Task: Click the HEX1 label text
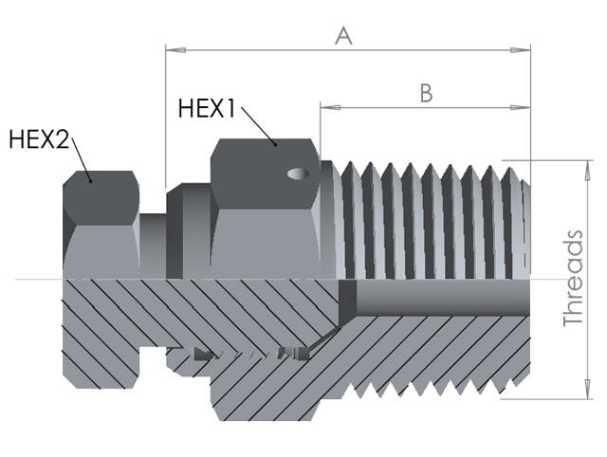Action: [206, 108]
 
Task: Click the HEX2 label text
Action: [39, 139]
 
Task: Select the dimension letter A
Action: [343, 36]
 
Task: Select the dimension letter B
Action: [426, 93]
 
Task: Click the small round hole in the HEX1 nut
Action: [298, 174]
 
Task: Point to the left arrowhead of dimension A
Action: [172, 48]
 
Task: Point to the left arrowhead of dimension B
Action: [326, 107]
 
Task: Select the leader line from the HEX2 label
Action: [82, 160]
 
